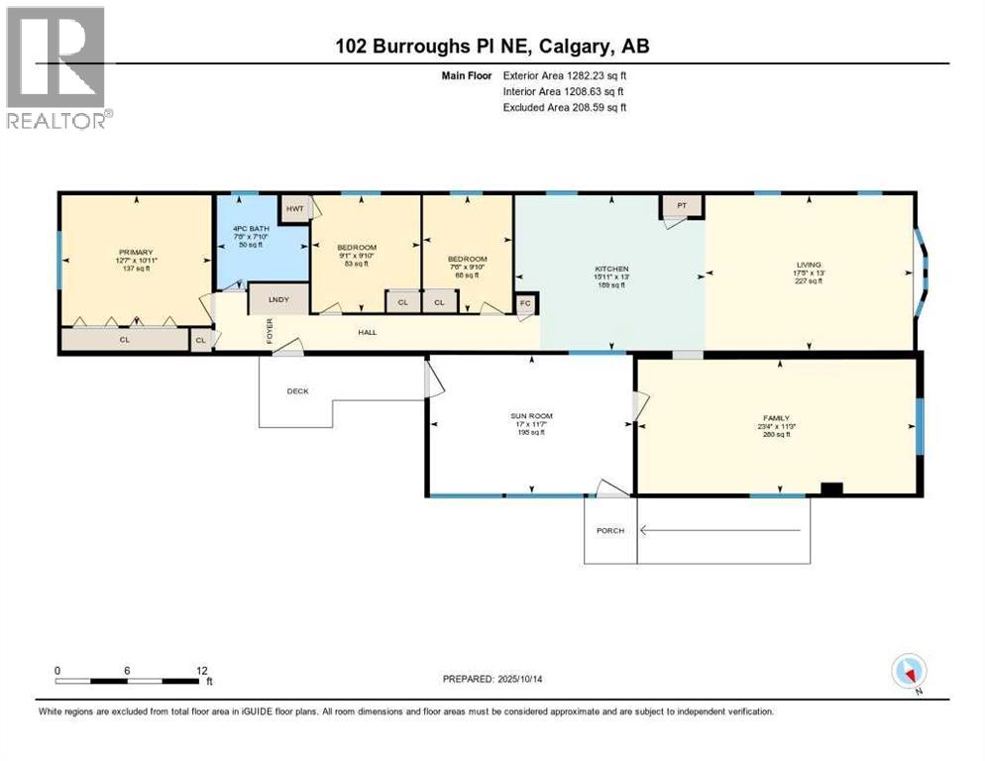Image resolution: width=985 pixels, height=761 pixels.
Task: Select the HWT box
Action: click(294, 207)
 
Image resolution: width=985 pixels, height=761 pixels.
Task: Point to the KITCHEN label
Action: click(610, 269)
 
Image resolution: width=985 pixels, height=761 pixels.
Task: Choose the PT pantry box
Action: click(682, 206)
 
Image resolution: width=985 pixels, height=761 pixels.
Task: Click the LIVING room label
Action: click(808, 265)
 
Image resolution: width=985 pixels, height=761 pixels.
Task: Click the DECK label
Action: click(297, 390)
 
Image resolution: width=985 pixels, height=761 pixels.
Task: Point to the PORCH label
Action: click(609, 531)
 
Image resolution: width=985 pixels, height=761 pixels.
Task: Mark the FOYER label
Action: click(269, 330)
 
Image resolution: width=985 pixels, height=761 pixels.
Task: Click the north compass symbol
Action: click(909, 671)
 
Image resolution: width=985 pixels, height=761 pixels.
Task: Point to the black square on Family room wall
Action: click(832, 488)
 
